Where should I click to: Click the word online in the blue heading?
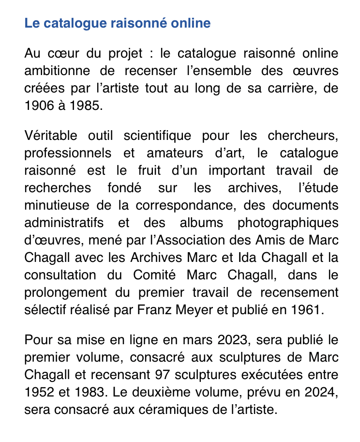click(x=191, y=23)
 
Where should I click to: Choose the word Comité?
click(x=158, y=275)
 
